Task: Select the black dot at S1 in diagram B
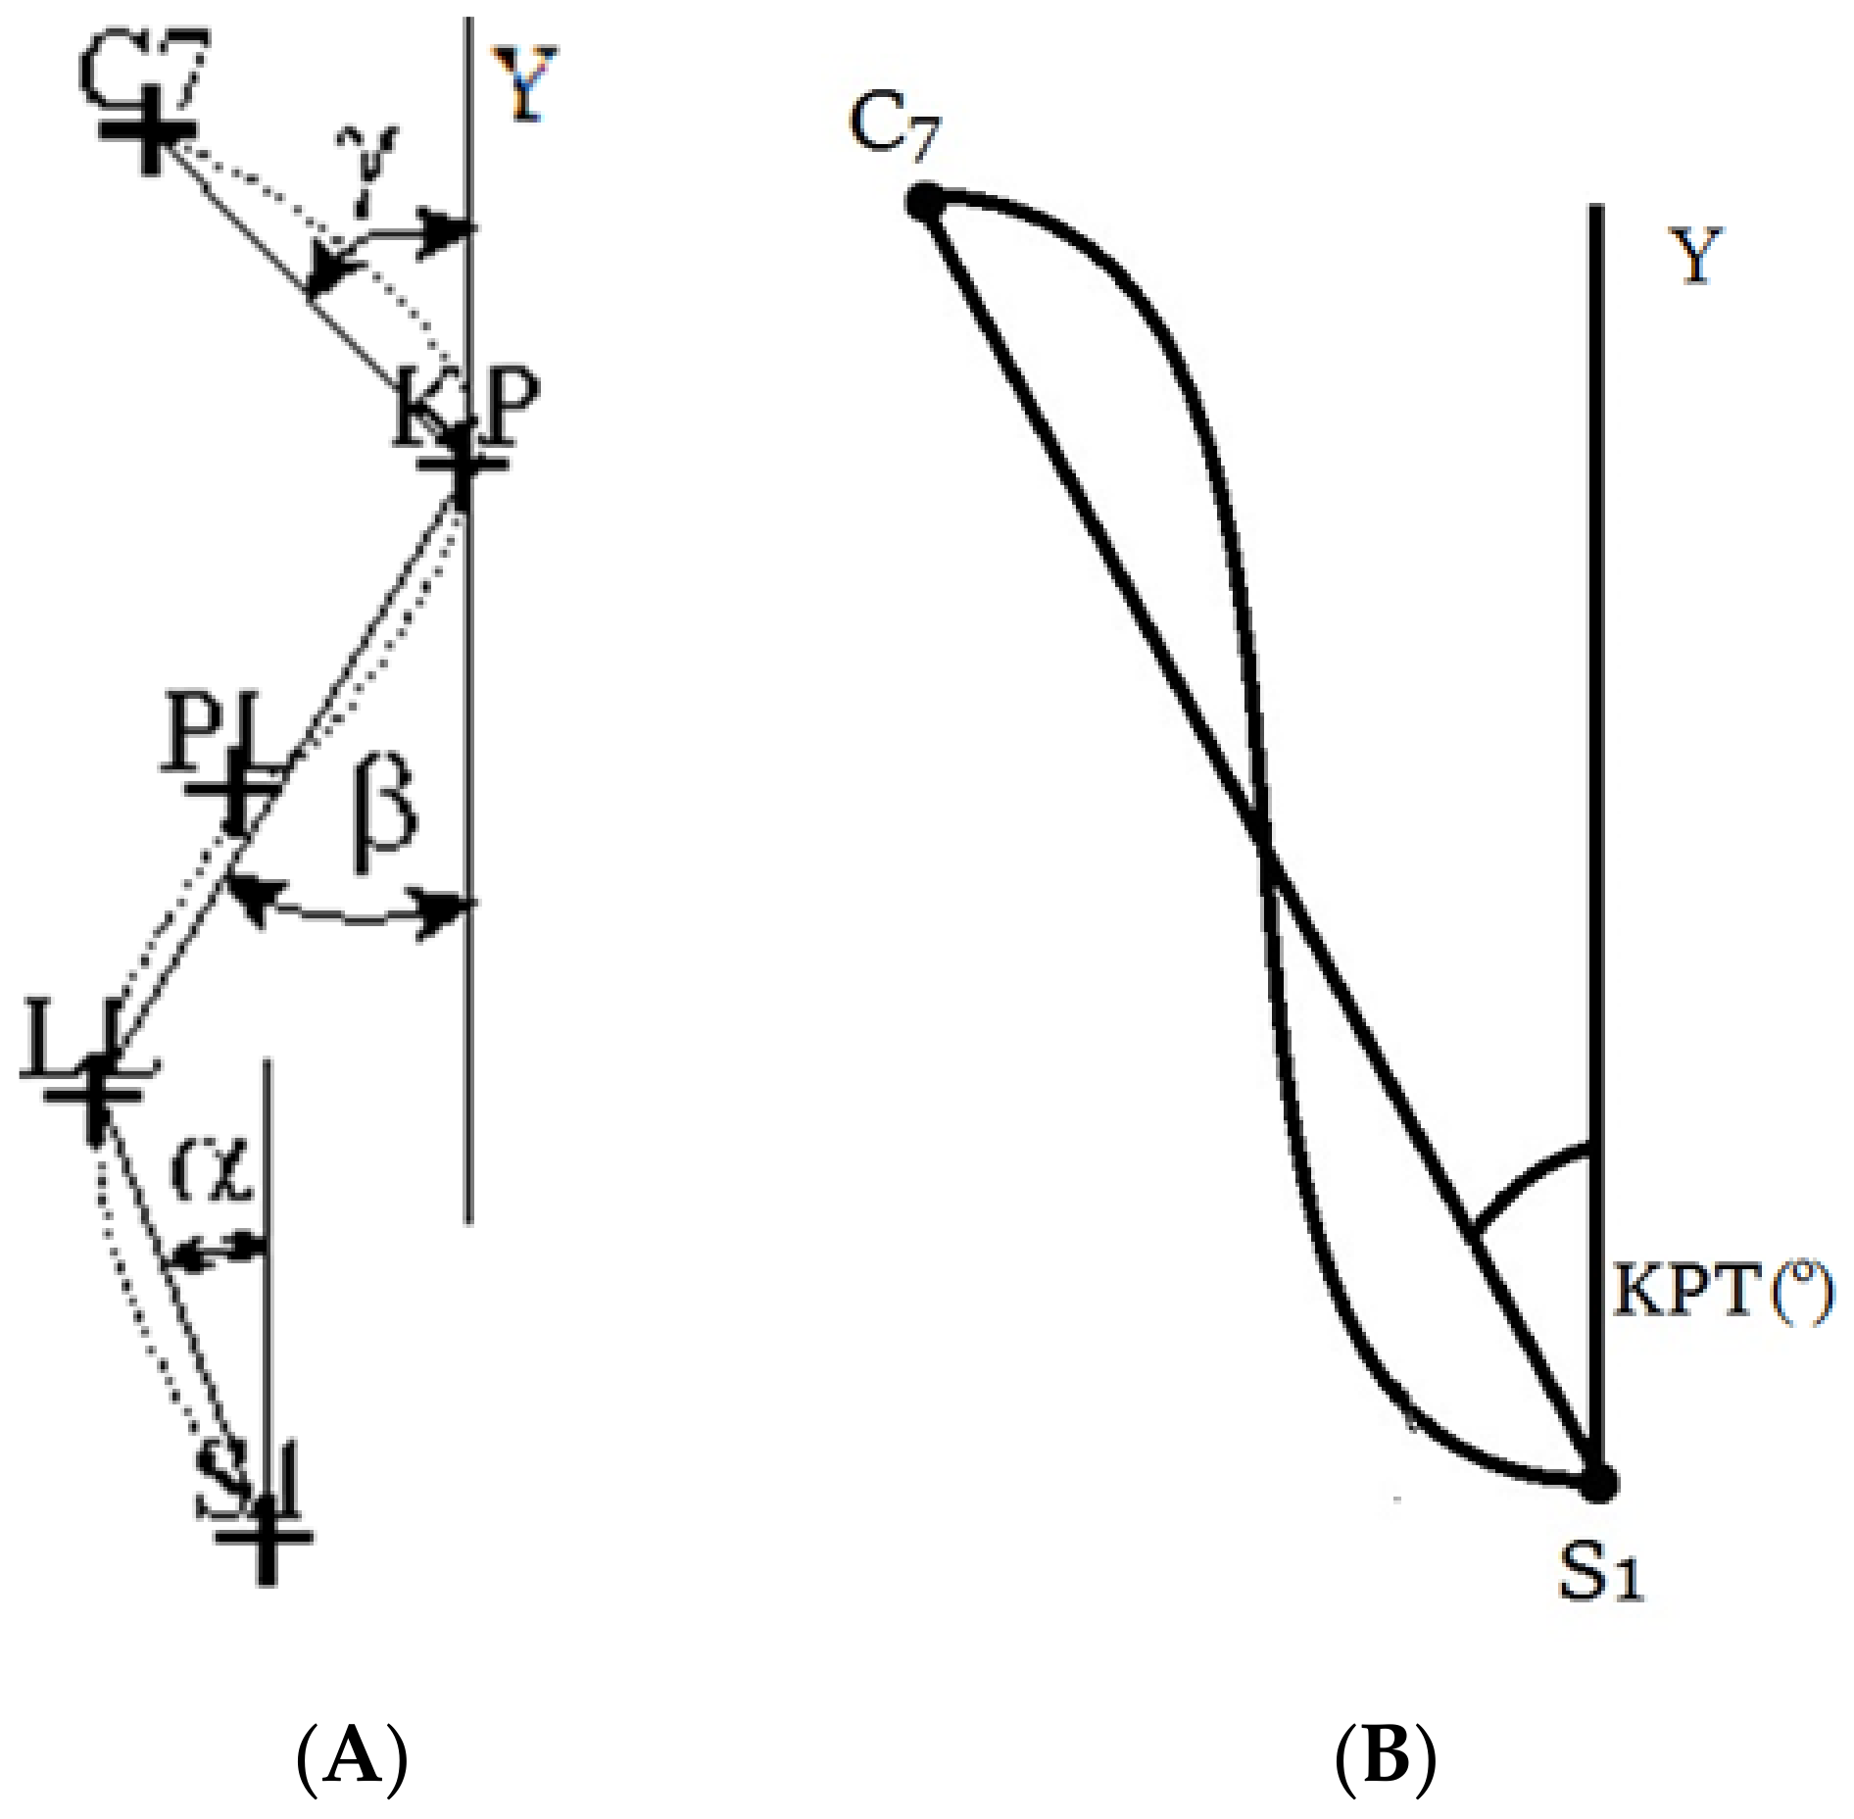click(1597, 1509)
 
